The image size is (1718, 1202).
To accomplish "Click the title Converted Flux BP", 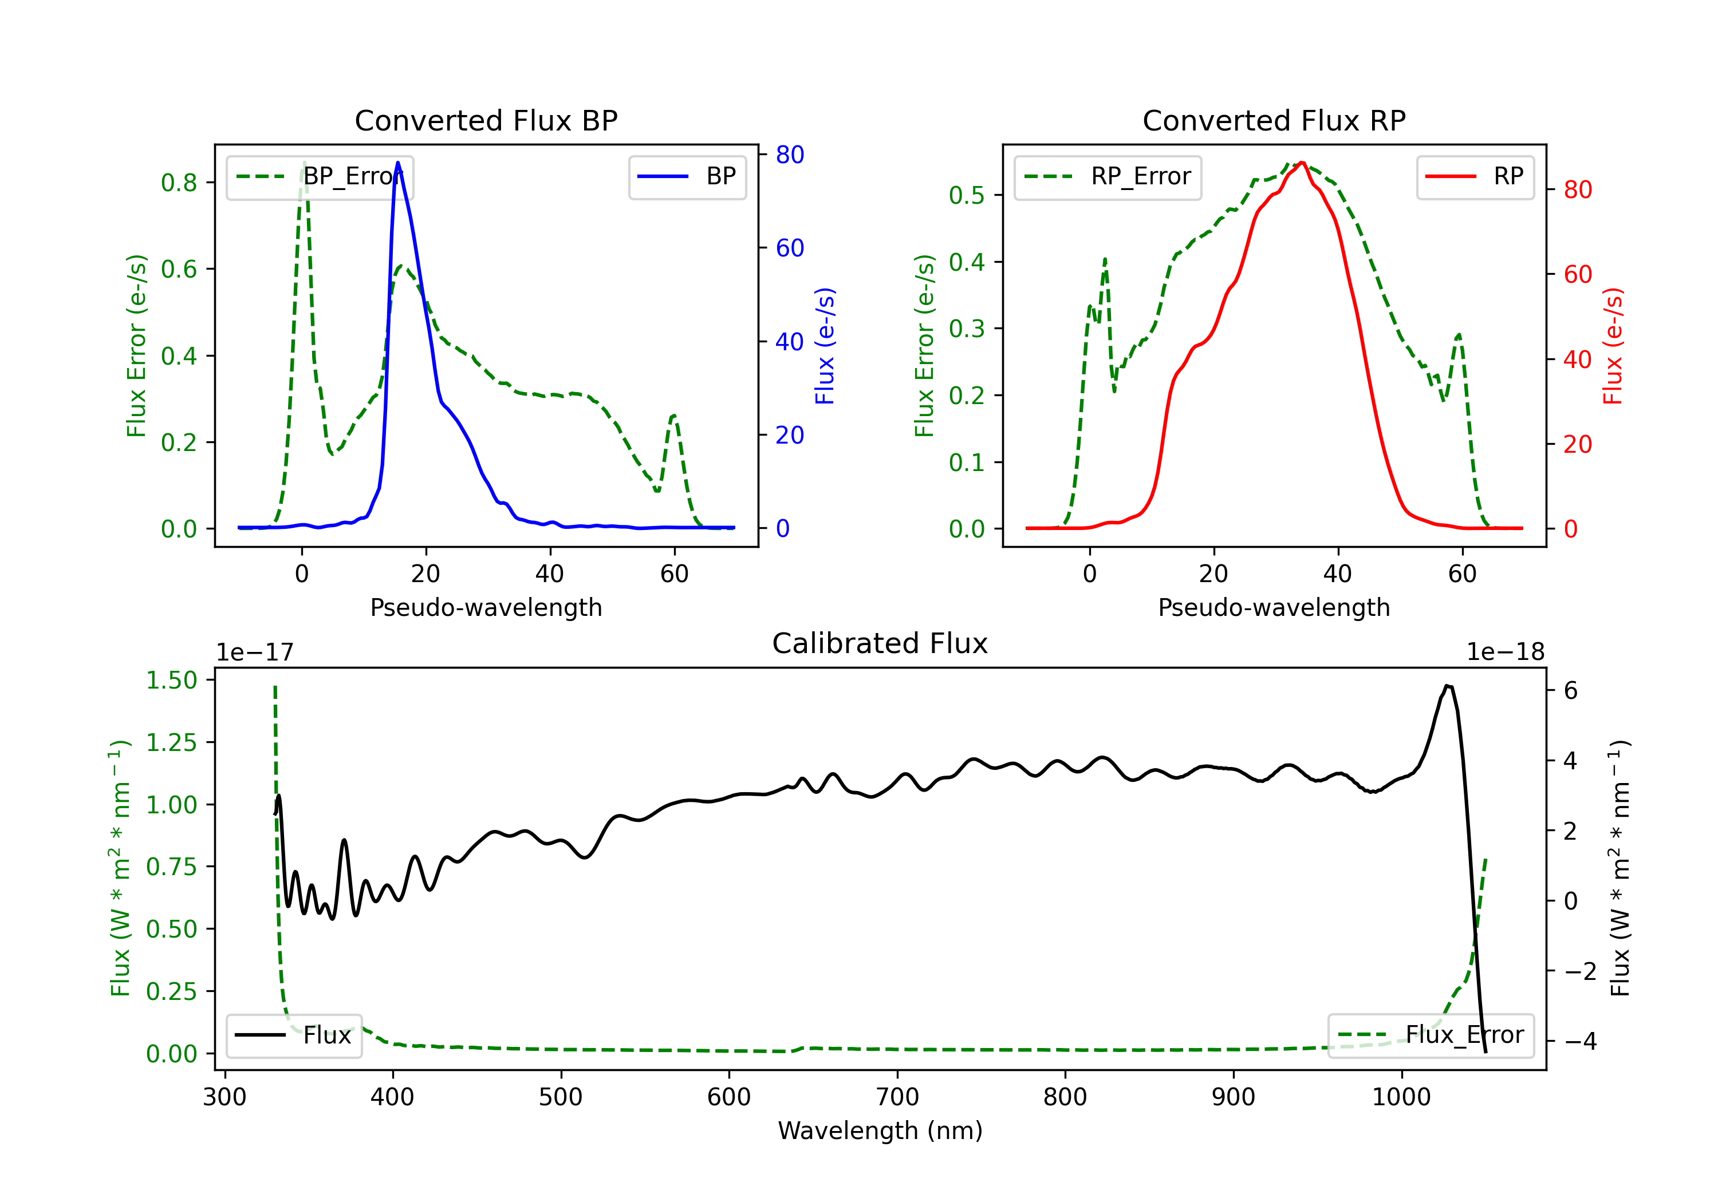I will coord(486,120).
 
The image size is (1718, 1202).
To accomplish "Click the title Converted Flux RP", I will coord(1274,120).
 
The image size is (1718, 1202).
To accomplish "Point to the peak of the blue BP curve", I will coord(397,163).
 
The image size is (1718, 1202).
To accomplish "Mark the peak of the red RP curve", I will coord(1302,163).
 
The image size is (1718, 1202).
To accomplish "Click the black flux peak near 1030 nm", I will coord(1448,685).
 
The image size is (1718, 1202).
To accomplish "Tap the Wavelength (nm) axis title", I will coord(880,1130).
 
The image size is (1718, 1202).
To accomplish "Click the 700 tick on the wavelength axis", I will coord(897,1097).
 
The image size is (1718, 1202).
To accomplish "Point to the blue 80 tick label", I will coord(789,155).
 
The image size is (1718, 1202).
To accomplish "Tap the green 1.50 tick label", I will coord(171,680).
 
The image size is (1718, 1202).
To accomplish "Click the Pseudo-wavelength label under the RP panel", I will coord(1274,607).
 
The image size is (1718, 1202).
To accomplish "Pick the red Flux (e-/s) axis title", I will coord(1613,346).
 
